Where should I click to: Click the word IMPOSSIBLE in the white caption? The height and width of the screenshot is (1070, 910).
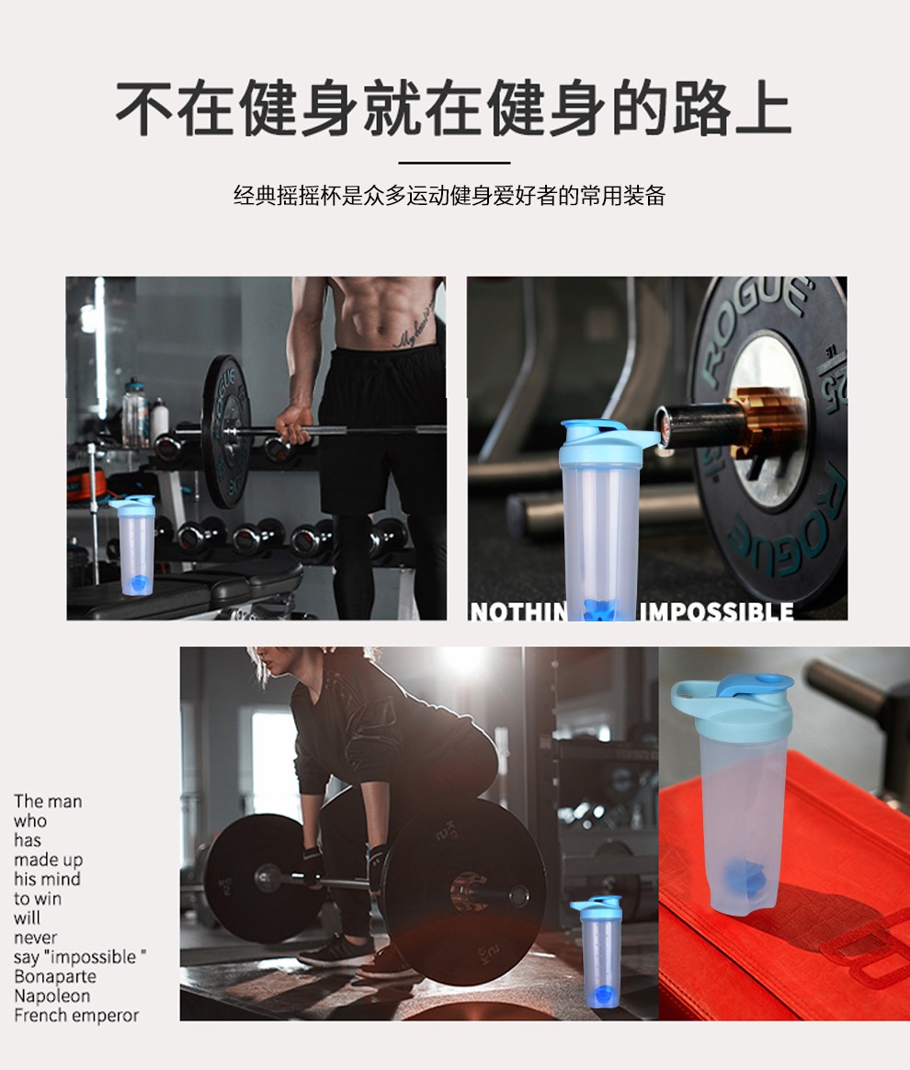[x=716, y=611]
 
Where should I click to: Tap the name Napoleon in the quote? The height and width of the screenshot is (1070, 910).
[x=51, y=996]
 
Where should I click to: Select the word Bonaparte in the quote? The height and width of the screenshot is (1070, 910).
[x=55, y=976]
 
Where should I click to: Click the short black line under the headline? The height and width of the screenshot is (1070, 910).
[x=454, y=163]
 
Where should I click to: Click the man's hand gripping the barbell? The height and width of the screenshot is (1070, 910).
[x=292, y=425]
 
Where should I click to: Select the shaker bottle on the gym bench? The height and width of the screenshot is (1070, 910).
[x=135, y=545]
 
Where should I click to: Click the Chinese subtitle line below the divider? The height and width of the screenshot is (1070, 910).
[x=449, y=196]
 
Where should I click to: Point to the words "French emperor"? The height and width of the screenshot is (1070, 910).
[x=76, y=1016]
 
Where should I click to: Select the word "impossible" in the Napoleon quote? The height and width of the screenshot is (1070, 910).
[x=94, y=958]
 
